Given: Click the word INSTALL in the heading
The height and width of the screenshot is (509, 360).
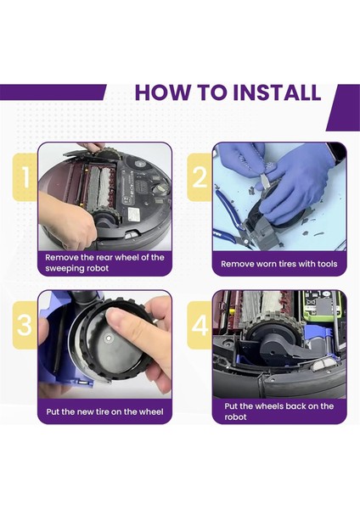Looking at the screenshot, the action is point(277,92).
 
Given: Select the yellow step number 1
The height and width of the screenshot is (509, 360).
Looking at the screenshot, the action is point(25,177).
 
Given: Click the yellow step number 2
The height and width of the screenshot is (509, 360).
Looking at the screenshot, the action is point(200,177).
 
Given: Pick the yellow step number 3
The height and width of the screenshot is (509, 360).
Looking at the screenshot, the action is point(25,325).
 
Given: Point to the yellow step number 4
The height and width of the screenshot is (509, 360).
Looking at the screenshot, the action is point(200,325).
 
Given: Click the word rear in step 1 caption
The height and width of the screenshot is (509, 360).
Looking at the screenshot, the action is point(104,258).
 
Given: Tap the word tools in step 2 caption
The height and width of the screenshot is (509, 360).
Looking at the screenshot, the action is point(327,264).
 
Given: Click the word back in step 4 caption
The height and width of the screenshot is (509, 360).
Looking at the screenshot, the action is point(295,406).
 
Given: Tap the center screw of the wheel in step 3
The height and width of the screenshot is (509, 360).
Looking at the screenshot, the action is point(108,338).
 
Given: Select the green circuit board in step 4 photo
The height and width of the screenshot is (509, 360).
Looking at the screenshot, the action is point(322,305).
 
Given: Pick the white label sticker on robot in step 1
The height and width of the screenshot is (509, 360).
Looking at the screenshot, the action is point(134,213).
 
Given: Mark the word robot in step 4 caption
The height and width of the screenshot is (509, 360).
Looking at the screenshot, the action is point(235,417).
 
